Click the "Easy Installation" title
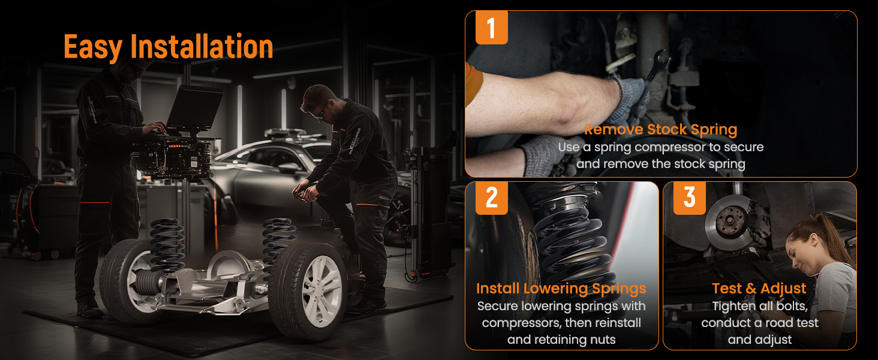pos(168,47)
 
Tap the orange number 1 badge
pos(492,28)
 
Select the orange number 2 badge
pos(492,198)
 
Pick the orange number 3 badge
pos(690,198)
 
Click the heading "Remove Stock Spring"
pos(660,130)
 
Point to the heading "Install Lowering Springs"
pos(561,289)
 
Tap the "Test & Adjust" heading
pos(759,289)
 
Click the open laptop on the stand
pos(194,108)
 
